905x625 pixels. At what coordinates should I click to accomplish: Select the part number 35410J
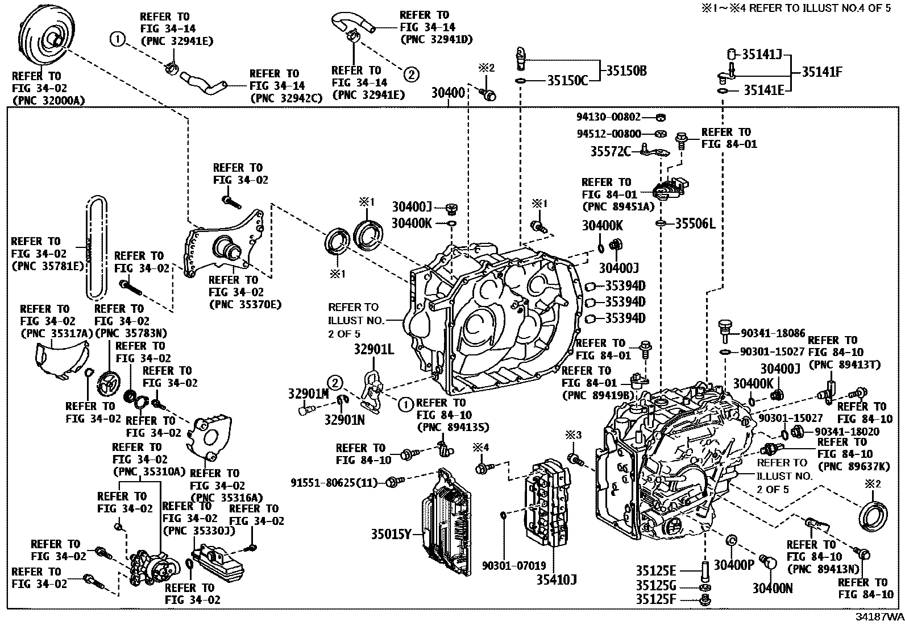[x=557, y=580]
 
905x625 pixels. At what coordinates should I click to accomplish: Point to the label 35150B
[x=625, y=71]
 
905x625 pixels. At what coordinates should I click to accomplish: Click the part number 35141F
[x=822, y=72]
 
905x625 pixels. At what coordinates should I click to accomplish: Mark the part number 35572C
[x=610, y=151]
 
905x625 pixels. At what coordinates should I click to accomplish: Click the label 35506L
[x=695, y=223]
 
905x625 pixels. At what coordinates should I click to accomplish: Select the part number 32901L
[x=373, y=349]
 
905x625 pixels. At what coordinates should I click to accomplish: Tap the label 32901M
[x=308, y=393]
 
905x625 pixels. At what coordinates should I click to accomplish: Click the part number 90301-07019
[x=514, y=566]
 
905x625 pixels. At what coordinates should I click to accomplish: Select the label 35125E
[x=655, y=570]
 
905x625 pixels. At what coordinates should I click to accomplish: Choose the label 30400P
[x=734, y=565]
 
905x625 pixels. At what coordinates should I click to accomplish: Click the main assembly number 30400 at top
[x=447, y=93]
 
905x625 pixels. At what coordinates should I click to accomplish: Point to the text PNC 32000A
[x=48, y=101]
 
